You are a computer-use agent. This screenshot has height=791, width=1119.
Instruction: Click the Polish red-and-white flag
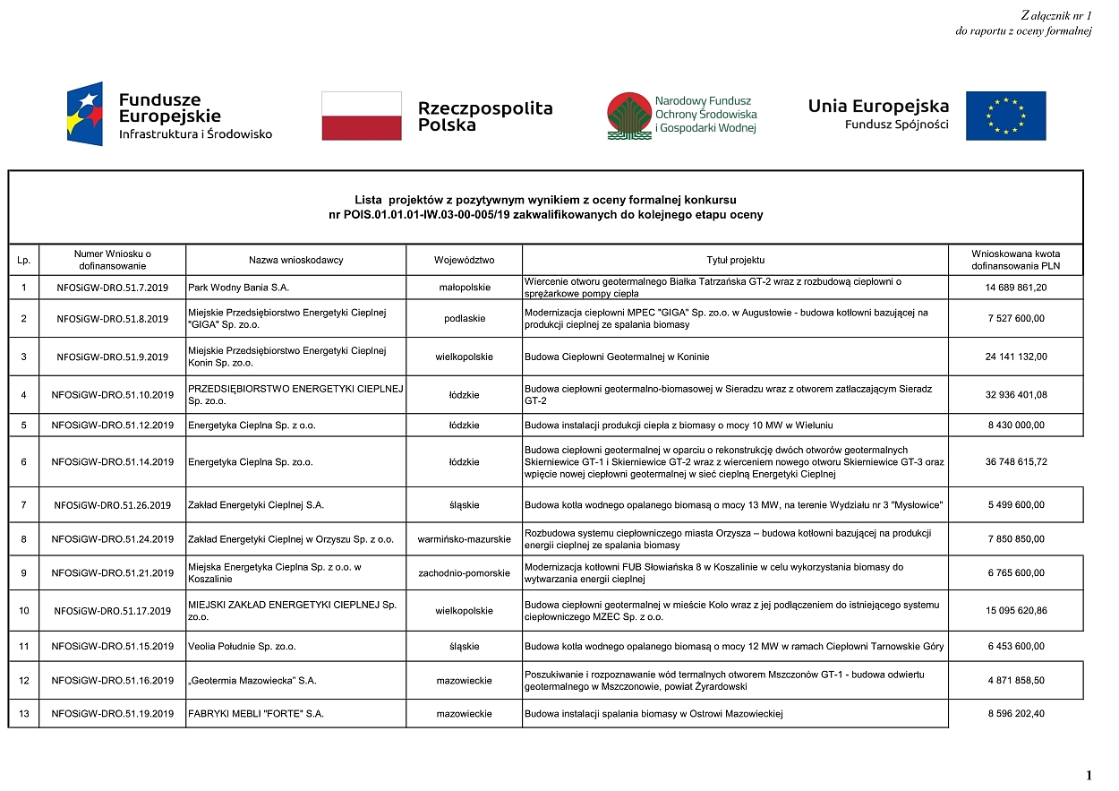pyautogui.click(x=362, y=116)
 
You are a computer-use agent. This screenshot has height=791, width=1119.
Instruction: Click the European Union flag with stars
pyautogui.click(x=1005, y=116)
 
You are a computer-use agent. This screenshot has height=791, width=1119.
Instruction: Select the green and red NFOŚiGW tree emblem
pyautogui.click(x=628, y=116)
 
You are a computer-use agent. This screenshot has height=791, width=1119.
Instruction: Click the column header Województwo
pyautogui.click(x=464, y=260)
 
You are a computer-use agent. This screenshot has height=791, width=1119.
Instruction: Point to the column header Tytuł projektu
pyautogui.click(x=735, y=260)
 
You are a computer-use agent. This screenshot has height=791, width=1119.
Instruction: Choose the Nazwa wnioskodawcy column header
pyautogui.click(x=295, y=260)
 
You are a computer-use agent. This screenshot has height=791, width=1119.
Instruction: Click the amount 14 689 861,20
pyautogui.click(x=1015, y=288)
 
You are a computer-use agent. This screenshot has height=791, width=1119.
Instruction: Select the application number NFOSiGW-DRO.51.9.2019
pyautogui.click(x=112, y=357)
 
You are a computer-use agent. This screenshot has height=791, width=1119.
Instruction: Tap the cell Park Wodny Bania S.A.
pyautogui.click(x=239, y=288)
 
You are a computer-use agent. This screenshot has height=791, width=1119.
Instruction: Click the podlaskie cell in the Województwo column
pyautogui.click(x=464, y=318)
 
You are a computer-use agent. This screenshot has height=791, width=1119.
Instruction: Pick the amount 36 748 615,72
pyautogui.click(x=1015, y=462)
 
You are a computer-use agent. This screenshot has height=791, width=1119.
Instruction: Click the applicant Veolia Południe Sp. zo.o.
pyautogui.click(x=242, y=646)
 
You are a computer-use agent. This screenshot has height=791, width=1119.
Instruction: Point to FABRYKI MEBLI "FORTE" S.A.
pyautogui.click(x=255, y=715)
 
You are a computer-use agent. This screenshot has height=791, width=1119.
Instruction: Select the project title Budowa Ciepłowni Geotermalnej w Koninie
pyautogui.click(x=617, y=357)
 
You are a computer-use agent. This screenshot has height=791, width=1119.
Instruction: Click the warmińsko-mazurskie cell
pyautogui.click(x=464, y=539)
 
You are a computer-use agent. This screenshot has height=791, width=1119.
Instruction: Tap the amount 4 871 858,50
pyautogui.click(x=1015, y=681)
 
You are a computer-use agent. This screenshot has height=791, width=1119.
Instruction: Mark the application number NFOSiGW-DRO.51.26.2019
pyautogui.click(x=112, y=505)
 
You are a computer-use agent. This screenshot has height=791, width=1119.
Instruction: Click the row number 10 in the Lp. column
pyautogui.click(x=23, y=611)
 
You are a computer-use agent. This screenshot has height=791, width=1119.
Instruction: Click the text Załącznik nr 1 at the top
pyautogui.click(x=1055, y=15)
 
